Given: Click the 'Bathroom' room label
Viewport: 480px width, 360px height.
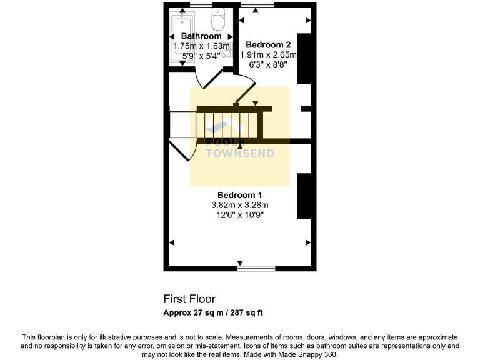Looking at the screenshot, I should pos(201,37).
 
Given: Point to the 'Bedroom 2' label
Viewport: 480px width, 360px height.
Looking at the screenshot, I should pos(268,45).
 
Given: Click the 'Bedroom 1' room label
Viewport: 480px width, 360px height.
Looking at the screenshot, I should pos(239,195).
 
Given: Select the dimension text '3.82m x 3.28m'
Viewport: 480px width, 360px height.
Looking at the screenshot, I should pos(239,205).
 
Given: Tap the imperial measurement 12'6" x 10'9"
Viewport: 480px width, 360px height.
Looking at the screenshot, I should pos(239,215).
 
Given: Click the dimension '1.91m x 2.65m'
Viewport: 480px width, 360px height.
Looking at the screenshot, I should pos(268,55).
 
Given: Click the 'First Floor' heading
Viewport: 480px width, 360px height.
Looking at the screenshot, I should pos(189,299).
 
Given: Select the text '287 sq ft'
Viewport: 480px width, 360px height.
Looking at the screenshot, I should pos(249,312).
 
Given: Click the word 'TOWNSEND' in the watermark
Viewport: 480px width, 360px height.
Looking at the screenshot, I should pos(240,153).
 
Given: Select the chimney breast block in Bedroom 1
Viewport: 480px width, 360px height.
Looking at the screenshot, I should pos(304,196).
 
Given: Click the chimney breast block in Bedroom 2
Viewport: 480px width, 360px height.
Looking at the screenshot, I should pos(304,59).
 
